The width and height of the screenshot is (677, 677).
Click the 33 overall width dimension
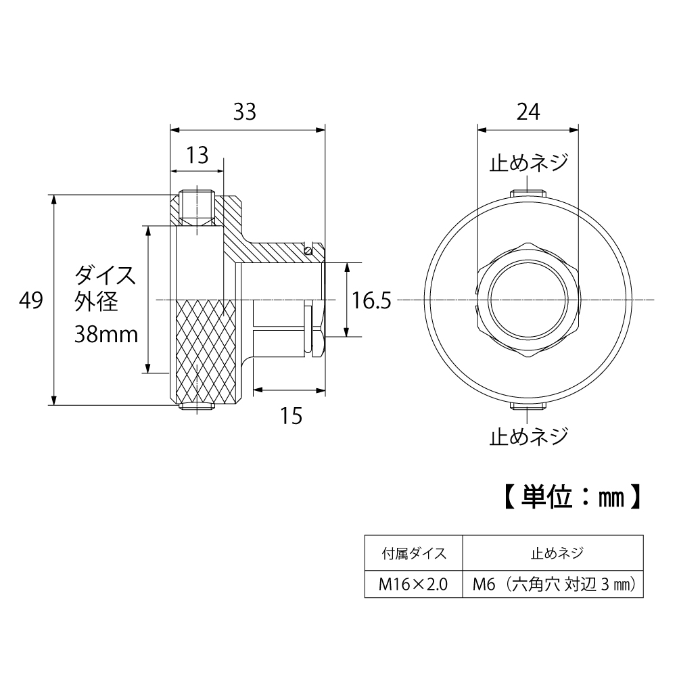pos(245,112)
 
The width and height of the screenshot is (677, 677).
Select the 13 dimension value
pos(197,156)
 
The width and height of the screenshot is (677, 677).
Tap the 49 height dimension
pos(31,300)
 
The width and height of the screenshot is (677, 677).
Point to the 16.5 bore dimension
pos(371,300)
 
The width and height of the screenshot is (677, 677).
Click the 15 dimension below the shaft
pos(291,416)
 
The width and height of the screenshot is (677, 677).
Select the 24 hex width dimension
pos(528,112)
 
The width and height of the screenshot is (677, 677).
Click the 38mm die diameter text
pos(107,334)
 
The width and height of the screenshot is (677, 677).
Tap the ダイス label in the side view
pos(105,276)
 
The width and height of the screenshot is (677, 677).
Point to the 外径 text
pos(97,302)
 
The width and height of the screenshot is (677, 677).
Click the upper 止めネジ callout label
pos(528,163)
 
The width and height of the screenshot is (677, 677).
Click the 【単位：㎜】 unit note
pos(571,497)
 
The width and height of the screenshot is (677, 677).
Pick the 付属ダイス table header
pos(413,554)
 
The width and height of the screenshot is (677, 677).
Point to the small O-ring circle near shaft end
pos(308,251)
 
